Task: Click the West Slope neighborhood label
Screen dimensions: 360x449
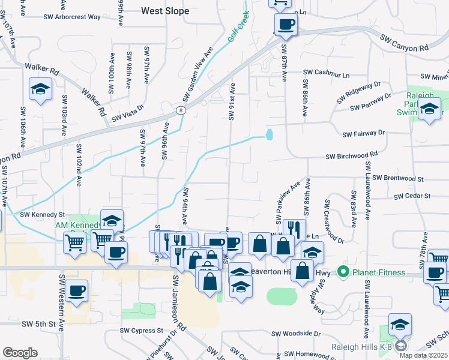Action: click(165, 11)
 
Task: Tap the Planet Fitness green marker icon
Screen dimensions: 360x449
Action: click(343, 272)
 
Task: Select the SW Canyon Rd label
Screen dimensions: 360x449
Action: click(404, 41)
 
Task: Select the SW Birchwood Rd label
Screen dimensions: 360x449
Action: click(351, 155)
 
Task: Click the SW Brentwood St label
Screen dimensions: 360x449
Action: click(398, 178)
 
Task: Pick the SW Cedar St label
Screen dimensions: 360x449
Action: click(412, 196)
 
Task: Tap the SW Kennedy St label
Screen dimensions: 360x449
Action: click(42, 214)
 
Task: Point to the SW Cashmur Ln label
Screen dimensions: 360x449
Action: click(326, 74)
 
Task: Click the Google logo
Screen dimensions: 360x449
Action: click(20, 352)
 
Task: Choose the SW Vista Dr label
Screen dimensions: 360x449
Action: click(124, 112)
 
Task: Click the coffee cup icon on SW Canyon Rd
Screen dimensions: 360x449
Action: click(286, 25)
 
